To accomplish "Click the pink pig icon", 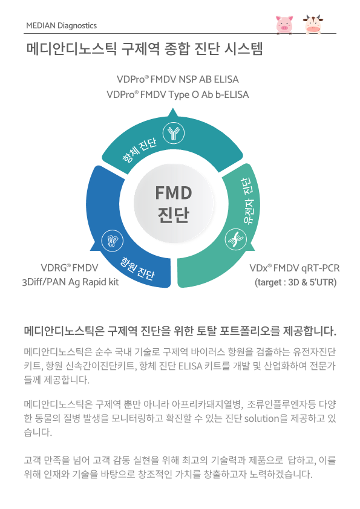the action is point(284,24).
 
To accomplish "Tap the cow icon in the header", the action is point(313,24).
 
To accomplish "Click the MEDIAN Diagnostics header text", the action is point(61,25).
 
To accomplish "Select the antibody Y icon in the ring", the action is point(174,133).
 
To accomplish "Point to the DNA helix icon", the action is point(236,239).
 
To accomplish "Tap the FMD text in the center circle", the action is point(174,193).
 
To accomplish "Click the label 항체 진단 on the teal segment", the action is point(139,150).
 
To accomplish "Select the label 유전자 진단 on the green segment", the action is point(248,201).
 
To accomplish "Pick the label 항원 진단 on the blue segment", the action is point(137,269).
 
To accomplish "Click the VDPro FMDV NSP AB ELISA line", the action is point(178,79).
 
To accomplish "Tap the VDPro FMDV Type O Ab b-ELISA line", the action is point(178,95).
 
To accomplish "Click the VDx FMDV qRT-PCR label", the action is point(295,268).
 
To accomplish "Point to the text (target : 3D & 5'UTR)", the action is point(296,282).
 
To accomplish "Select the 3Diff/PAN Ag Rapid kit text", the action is point(71,282).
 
